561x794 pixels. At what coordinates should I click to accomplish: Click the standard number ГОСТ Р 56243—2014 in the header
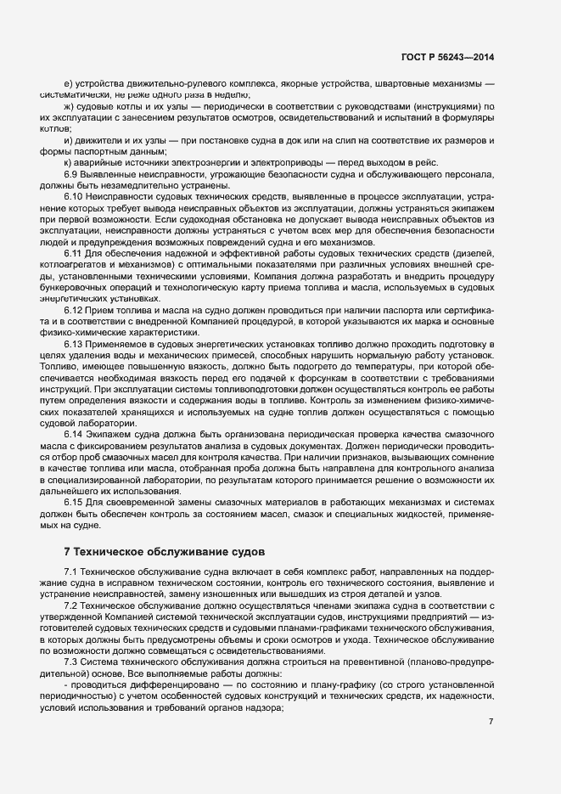[447, 58]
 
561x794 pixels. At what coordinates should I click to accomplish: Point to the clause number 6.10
[74, 197]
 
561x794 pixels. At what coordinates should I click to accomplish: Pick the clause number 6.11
[74, 254]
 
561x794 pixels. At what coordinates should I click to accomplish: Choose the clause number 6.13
[74, 344]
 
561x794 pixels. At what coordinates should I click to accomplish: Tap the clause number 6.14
[74, 434]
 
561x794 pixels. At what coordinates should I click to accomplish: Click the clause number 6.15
[74, 502]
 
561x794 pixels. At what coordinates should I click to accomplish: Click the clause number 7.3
[71, 661]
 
